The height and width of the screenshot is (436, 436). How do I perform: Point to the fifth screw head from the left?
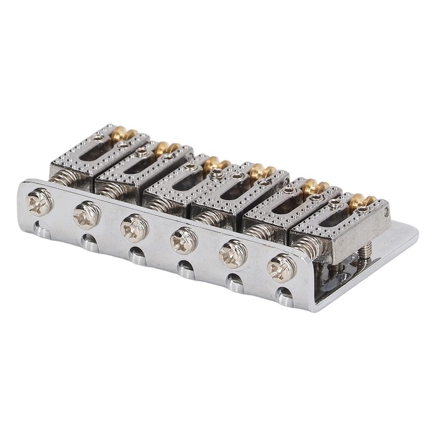tap(230, 252)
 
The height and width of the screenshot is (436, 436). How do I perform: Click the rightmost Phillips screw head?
tap(281, 267)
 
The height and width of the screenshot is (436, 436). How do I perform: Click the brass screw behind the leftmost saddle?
tap(118, 135)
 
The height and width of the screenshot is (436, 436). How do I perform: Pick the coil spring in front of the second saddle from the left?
tap(113, 189)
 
